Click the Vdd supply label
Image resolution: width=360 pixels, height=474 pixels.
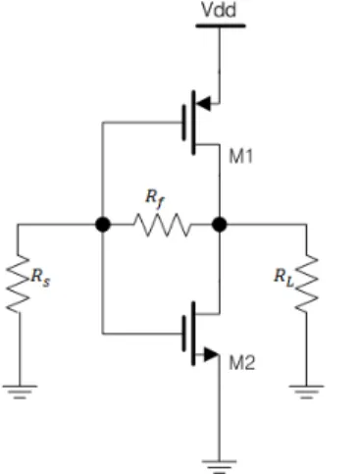[x=219, y=10]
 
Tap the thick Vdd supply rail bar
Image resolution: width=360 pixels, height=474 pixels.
[x=221, y=26]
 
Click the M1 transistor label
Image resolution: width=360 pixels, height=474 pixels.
[x=241, y=156]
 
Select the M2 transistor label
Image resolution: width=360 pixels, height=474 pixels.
[x=241, y=363]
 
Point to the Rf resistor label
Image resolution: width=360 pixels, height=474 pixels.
[x=155, y=198]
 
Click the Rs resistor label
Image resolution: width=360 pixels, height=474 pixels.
[x=41, y=278]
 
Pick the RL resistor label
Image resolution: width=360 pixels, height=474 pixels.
[x=283, y=277]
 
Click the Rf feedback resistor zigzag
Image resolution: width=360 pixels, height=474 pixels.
[x=162, y=225]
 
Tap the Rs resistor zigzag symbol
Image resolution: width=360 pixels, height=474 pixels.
[x=18, y=284]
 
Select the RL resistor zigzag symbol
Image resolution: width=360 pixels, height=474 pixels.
[x=306, y=284]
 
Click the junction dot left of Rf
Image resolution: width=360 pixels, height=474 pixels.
[x=103, y=225]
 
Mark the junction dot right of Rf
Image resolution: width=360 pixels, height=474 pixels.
[x=220, y=225]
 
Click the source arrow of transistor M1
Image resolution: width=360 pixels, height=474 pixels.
[x=203, y=104]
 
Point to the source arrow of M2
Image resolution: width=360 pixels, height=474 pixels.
[x=211, y=354]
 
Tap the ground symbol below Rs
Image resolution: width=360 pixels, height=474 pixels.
[x=20, y=392]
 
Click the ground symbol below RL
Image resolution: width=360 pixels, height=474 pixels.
[x=306, y=392]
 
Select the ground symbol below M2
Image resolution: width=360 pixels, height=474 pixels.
[x=219, y=466]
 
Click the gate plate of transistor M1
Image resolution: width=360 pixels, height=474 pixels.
[x=184, y=123]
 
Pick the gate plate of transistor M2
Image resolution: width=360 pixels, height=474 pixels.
[x=184, y=334]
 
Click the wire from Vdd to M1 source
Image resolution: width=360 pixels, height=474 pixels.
[x=220, y=66]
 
